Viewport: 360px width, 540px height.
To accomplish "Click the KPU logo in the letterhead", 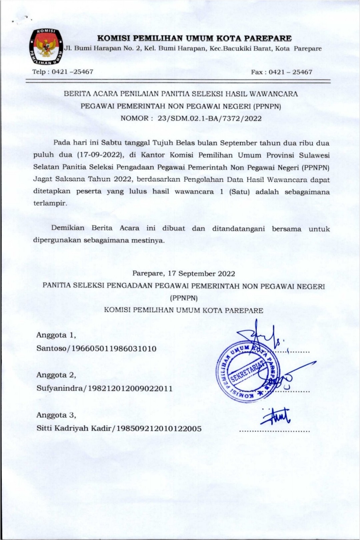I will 45,47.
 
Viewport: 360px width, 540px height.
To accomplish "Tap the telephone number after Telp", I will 72,72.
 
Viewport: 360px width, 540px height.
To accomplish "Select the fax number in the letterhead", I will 290,72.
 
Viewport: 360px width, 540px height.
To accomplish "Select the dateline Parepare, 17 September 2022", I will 184,273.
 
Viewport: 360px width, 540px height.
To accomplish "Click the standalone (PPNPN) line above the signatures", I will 184,298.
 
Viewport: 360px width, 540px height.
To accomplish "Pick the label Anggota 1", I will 56,335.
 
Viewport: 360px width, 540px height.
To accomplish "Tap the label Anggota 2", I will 56,375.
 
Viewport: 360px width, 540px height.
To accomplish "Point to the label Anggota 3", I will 56,415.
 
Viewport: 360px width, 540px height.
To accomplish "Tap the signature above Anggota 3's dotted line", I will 275,417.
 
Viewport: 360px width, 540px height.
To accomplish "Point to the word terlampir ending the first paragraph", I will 50,203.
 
